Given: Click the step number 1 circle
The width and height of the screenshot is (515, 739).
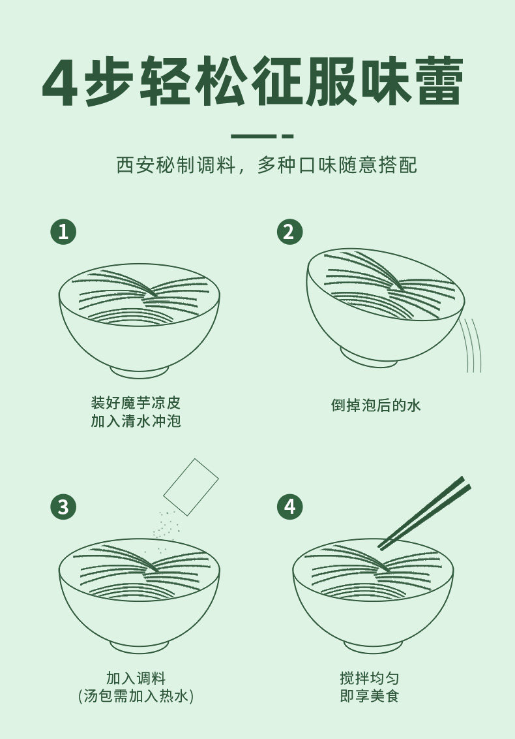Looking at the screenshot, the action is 63,231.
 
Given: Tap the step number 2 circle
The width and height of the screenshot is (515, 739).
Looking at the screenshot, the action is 289,231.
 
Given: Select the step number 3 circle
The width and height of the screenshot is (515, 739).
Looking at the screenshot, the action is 63,507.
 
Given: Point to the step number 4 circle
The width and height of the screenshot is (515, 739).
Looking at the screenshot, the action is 289,507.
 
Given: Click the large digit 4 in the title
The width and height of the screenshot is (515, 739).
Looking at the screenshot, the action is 60,82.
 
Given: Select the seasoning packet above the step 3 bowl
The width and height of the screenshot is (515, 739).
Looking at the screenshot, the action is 190,487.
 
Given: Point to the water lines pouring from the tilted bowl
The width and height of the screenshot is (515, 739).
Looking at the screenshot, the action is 471,345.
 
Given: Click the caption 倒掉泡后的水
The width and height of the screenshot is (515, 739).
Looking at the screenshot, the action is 375,405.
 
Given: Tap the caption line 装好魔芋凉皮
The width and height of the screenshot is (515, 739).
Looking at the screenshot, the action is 136,403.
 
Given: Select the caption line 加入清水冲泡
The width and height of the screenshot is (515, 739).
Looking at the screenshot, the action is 136,420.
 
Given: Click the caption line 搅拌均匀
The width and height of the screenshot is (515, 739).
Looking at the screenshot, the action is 370,678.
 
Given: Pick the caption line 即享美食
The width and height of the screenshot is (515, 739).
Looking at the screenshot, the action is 370,696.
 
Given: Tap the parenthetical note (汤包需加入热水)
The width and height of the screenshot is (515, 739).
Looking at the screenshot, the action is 136,696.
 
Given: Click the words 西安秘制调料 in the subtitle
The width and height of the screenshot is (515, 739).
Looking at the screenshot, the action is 175,165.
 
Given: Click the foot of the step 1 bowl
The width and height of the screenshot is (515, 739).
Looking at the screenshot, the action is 140,371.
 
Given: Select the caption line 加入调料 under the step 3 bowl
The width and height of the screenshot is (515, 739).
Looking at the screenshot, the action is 136,678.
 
